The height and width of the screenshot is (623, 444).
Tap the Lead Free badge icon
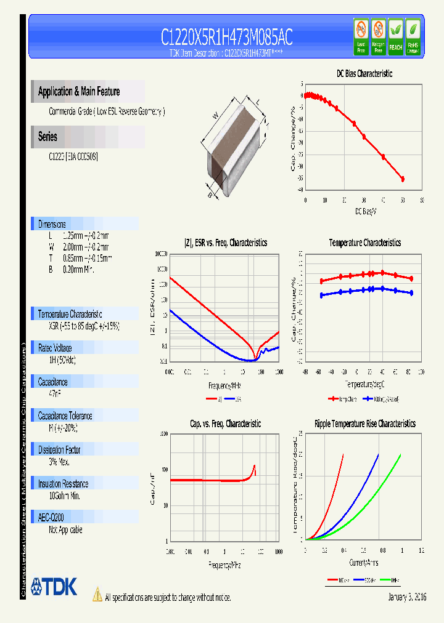click(361, 36)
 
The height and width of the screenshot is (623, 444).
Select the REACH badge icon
click(395, 36)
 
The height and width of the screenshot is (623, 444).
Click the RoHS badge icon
click(413, 36)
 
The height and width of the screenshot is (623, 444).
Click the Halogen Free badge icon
click(378, 36)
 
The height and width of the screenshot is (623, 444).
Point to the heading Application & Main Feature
click(79, 92)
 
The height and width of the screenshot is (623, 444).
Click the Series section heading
click(48, 137)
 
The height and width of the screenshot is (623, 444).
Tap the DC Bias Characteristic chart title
click(364, 73)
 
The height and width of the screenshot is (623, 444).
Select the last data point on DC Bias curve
click(403, 179)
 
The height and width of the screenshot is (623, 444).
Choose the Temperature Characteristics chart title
click(364, 243)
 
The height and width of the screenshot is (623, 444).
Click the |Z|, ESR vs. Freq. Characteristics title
click(226, 243)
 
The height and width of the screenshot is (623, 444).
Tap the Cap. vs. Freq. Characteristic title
click(225, 424)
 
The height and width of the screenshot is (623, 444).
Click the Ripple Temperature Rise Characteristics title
click(364, 424)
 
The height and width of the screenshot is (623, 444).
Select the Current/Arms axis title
click(364, 562)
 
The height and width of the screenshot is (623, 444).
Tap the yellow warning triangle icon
click(97, 595)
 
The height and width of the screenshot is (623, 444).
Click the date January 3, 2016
click(407, 597)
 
